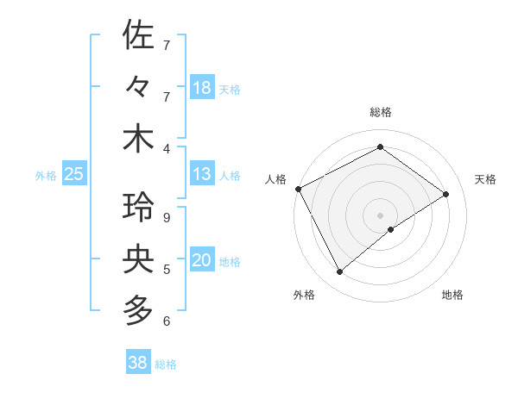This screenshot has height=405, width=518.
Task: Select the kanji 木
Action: tap(139, 139)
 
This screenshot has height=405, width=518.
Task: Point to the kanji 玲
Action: tap(139, 208)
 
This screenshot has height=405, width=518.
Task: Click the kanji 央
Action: tap(139, 259)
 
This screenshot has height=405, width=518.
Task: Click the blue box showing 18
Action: tap(202, 87)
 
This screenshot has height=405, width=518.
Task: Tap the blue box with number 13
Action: tap(202, 174)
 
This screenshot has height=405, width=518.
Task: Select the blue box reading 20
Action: tap(202, 260)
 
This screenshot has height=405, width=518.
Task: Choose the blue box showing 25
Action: tap(74, 174)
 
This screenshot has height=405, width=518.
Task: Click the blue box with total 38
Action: tap(138, 363)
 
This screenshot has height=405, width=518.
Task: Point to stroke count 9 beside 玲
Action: tap(167, 218)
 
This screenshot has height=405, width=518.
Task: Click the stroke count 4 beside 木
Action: tap(167, 148)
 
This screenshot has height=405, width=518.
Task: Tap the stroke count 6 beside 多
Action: tap(167, 321)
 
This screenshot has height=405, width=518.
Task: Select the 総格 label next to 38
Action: tap(166, 364)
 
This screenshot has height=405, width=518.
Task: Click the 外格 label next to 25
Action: tap(46, 176)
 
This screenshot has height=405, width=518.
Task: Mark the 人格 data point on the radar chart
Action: tap(298, 189)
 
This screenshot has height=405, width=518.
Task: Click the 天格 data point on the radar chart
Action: tap(446, 194)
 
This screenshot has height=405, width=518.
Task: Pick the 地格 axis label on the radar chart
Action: tap(452, 295)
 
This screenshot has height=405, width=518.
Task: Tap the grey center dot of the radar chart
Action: tap(380, 214)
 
